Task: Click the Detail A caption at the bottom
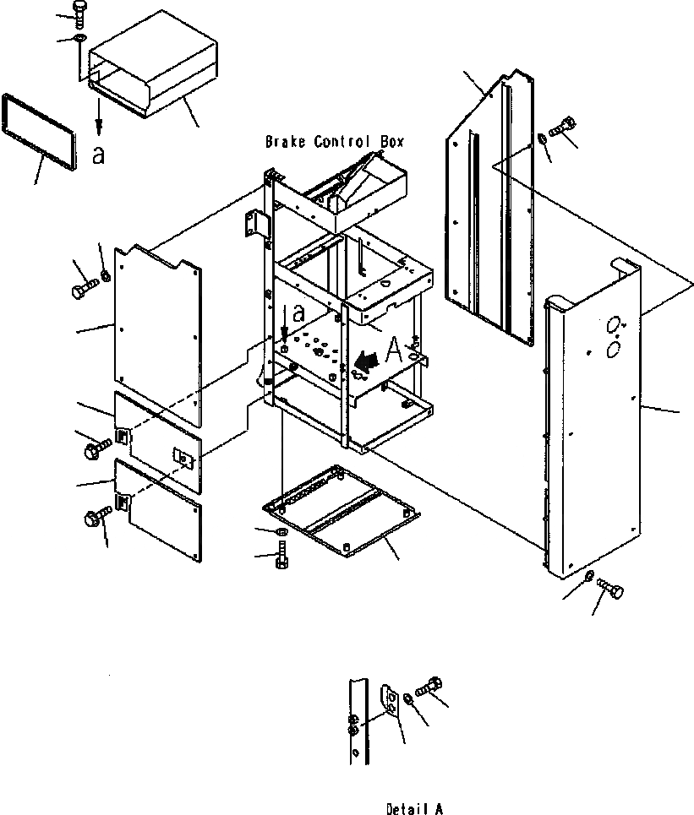pyautogui.click(x=413, y=809)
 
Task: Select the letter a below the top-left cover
pyautogui.click(x=98, y=156)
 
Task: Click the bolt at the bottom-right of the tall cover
pyautogui.click(x=610, y=587)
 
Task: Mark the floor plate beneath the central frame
pyautogui.click(x=342, y=511)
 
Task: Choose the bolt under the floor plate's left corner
pyautogui.click(x=281, y=556)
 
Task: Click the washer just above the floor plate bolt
pyautogui.click(x=281, y=532)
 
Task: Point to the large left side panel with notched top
pyautogui.click(x=159, y=334)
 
